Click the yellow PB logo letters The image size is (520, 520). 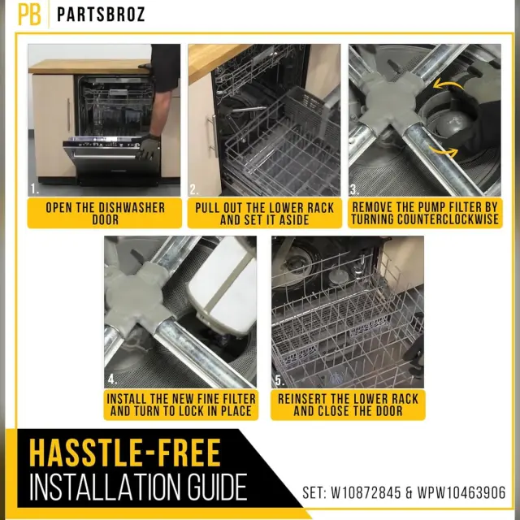29,15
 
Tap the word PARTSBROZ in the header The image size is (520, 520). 101,15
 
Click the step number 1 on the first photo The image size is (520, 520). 34,189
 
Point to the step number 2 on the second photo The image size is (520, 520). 194,189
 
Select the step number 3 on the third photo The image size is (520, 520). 354,189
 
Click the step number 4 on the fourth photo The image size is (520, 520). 112,379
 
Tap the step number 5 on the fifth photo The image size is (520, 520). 279,381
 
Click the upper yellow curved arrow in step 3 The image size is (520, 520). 448,84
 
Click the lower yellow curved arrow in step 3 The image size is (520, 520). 444,152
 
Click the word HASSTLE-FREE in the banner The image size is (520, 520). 125,453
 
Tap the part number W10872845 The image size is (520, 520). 366,493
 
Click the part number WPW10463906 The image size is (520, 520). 461,493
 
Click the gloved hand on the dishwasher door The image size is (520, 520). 148,148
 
